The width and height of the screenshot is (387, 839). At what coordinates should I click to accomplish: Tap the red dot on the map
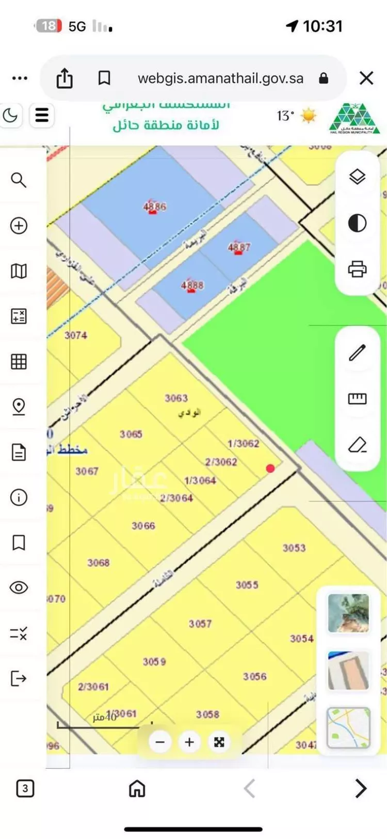point(270,469)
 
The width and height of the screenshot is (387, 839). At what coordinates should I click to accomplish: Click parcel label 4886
point(155,207)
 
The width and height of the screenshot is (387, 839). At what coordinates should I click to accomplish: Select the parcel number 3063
point(176,398)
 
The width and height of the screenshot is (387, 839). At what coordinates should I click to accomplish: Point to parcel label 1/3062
point(243,444)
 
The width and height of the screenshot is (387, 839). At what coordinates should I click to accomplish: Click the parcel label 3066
point(143,526)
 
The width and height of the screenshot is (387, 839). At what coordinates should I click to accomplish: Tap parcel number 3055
point(247,585)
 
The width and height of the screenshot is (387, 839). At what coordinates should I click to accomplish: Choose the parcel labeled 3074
point(76,335)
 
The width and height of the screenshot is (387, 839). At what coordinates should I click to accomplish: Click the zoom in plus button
point(189,742)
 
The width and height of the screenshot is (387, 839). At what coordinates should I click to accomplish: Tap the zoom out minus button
point(160,742)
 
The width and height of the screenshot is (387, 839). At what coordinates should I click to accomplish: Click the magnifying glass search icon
point(19,180)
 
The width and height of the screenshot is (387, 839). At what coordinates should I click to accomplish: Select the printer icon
point(357,269)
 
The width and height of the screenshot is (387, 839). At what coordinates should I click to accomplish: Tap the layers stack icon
point(357,177)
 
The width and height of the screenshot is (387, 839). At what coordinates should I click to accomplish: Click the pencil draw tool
point(357,352)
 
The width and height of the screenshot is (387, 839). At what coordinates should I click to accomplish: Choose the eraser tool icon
point(357,444)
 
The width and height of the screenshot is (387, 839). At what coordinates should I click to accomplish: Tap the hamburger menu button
point(42,115)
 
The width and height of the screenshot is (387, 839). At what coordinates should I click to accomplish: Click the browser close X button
point(366,79)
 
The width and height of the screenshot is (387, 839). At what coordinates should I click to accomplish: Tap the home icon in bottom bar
point(137,788)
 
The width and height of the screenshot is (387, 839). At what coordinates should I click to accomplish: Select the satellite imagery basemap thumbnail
point(349,613)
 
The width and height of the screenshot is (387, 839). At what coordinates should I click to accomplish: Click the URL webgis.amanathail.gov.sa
point(220,79)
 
